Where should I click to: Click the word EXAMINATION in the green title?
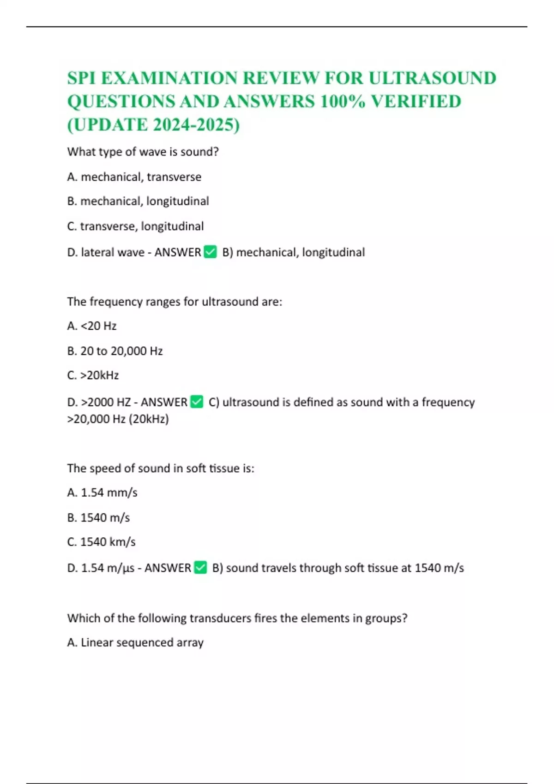[x=169, y=78]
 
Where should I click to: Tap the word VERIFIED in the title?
[x=416, y=102]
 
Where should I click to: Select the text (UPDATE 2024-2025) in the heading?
[x=153, y=125]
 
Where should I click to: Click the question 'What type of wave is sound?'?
[x=143, y=152]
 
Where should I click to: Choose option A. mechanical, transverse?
[x=134, y=177]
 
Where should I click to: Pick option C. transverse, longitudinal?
[x=135, y=226]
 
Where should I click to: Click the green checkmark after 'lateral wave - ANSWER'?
[x=210, y=252]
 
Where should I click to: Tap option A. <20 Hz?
[x=92, y=326]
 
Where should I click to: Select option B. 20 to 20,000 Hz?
[x=115, y=351]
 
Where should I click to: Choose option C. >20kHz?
[x=93, y=375]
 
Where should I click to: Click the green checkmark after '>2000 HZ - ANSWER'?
[x=197, y=402]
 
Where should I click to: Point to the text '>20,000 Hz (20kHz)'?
[x=118, y=419]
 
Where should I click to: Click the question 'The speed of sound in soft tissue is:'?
[x=161, y=468]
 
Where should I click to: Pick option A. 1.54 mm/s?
[x=102, y=493]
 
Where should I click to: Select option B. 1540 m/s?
[x=98, y=517]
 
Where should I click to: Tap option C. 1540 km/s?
[x=101, y=542]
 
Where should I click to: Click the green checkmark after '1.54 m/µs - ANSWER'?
[x=200, y=567]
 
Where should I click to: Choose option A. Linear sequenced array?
[x=135, y=642]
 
